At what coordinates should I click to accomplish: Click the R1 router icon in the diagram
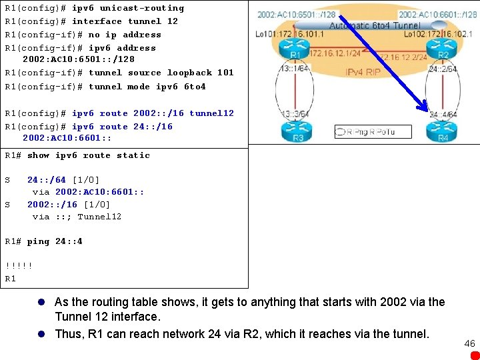pyautogui.click(x=295, y=52)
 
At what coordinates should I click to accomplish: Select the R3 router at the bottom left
pyautogui.click(x=297, y=134)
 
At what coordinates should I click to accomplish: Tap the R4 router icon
pyautogui.click(x=442, y=134)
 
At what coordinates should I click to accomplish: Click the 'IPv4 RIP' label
pyautogui.click(x=363, y=71)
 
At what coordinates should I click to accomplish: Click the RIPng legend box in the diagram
pyautogui.click(x=373, y=131)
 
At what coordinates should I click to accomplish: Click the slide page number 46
pyautogui.click(x=469, y=343)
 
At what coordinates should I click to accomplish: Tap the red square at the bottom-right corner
pyautogui.click(x=474, y=355)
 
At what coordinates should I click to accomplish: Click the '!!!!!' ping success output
pyautogui.click(x=18, y=265)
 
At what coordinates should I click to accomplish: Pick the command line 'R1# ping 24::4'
pyautogui.click(x=43, y=241)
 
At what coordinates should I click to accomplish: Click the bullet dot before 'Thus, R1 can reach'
pyautogui.click(x=41, y=334)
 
